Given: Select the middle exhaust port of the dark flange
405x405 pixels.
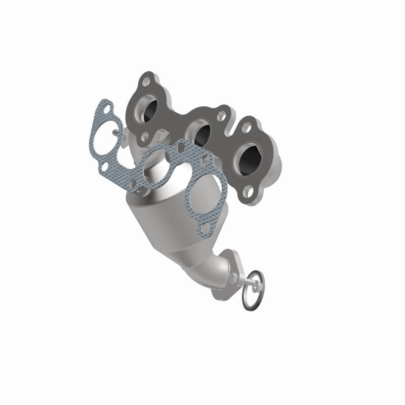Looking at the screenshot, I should point(198,133).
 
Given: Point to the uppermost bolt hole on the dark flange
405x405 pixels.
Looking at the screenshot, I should point(147,82).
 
